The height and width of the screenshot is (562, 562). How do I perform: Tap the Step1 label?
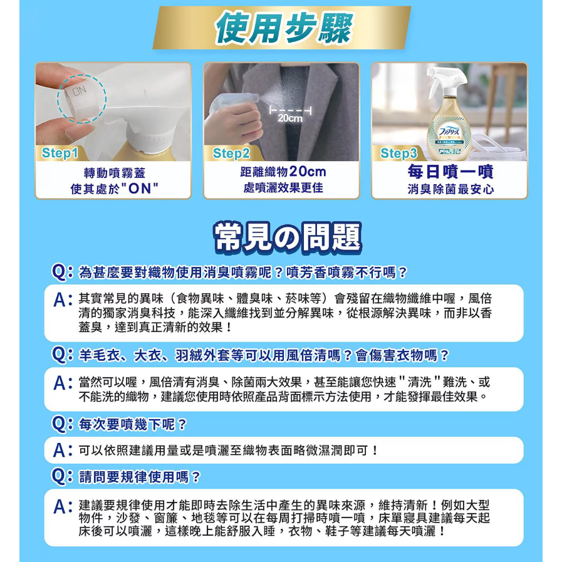pos(60,154)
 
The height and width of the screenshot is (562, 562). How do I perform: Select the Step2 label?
pos(231,154)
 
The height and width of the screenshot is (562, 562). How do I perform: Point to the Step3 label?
pos(399,154)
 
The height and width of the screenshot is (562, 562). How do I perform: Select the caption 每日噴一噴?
pos(450,172)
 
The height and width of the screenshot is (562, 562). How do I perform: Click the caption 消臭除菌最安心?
pos(450,189)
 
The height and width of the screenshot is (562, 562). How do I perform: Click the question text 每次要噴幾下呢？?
pos(133,424)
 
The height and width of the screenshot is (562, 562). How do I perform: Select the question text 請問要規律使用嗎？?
pos(140,477)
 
